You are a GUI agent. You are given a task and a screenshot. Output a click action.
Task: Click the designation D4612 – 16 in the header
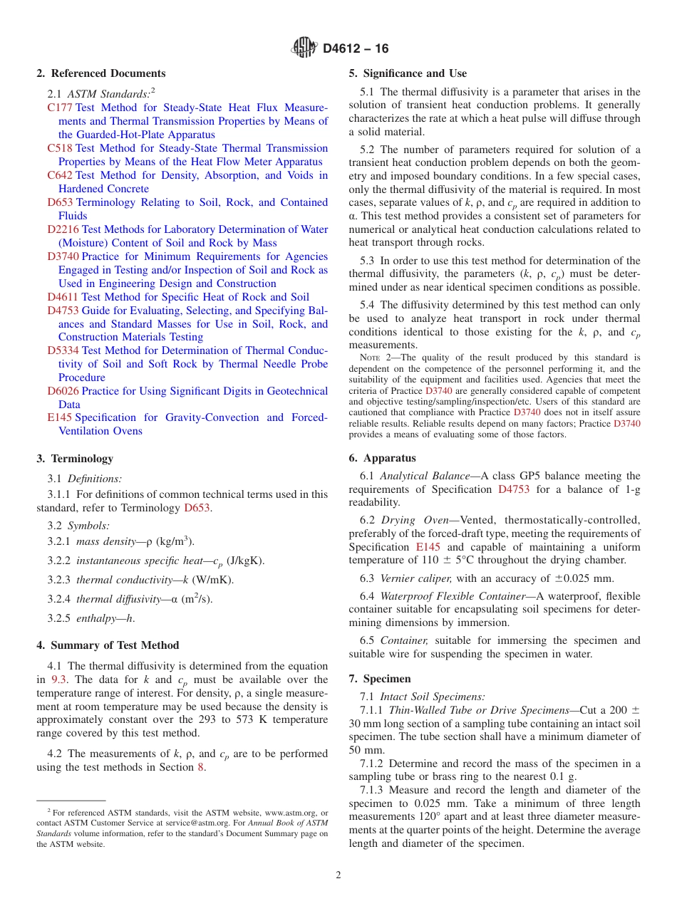click(x=356, y=49)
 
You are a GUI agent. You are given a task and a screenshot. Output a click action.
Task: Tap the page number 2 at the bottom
click(x=338, y=875)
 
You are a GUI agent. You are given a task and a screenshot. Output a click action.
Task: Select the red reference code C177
click(x=60, y=108)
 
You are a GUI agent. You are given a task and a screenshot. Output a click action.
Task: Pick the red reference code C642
click(x=60, y=175)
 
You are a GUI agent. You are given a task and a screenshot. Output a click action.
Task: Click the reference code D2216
click(x=63, y=229)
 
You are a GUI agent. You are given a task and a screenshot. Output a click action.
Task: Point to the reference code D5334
click(x=63, y=350)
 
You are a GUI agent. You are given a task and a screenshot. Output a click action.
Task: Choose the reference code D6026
click(x=63, y=391)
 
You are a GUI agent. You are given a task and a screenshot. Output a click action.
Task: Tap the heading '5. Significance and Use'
click(x=408, y=73)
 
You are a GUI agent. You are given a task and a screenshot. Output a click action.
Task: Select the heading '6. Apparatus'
click(x=383, y=458)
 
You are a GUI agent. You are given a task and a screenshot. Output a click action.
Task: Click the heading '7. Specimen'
click(x=380, y=679)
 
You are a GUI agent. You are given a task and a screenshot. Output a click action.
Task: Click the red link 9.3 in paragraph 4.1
click(x=59, y=679)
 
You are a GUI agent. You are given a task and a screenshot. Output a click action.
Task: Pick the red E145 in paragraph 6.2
click(x=428, y=547)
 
